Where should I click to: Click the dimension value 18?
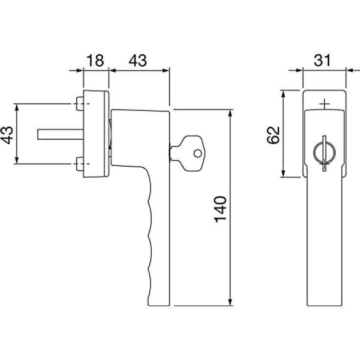coord(95,60)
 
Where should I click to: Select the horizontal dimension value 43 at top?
coord(137,60)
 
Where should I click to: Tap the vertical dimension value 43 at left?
coord(7,135)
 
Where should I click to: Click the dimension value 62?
coord(274,135)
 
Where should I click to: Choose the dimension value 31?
coord(322,60)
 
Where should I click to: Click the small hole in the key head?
coord(198,153)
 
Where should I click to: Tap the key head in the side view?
coord(191,153)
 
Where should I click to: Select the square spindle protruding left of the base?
coord(60,135)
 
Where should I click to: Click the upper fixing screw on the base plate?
coord(79,104)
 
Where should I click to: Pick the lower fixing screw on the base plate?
coord(79,164)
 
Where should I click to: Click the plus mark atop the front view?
coord(324,105)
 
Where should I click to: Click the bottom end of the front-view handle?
coord(324,305)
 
